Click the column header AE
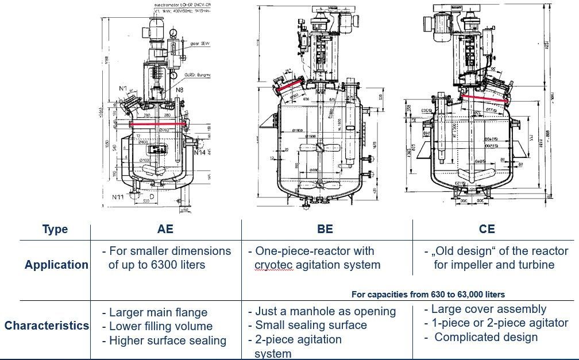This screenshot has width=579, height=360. click(x=165, y=229)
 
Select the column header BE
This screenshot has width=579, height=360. click(x=325, y=229)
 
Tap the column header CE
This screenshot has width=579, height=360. click(x=487, y=229)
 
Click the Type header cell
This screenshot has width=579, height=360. click(x=55, y=229)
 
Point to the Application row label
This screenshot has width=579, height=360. click(x=56, y=265)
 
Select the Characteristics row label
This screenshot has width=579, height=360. click(x=47, y=326)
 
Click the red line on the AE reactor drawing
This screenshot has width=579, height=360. click(x=159, y=123)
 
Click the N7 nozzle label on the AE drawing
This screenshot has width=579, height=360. click(x=123, y=88)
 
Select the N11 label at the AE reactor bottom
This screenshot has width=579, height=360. click(x=119, y=197)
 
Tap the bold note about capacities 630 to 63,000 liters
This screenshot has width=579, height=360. click(x=428, y=295)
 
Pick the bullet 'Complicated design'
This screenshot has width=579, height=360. click(x=485, y=337)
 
